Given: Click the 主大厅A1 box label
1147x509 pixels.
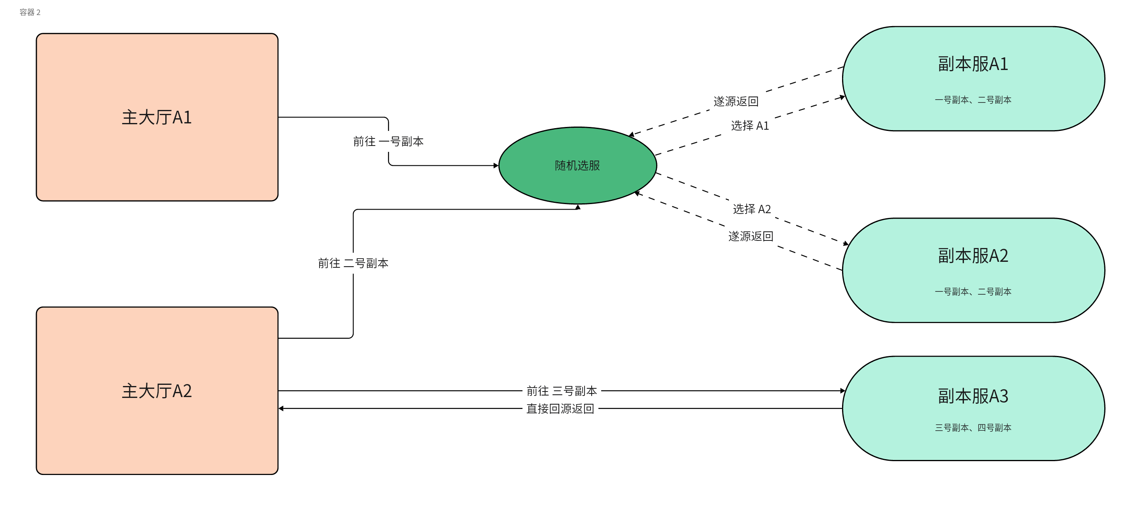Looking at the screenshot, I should coord(157,117).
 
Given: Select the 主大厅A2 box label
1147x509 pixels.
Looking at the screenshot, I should coord(157,391).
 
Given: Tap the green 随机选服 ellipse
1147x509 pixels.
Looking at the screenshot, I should coord(577,166).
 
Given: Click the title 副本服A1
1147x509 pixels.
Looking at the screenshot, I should coord(973,64).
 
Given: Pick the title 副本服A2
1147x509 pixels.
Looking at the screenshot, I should coord(973,255).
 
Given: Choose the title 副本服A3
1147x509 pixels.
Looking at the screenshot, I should coord(973,396).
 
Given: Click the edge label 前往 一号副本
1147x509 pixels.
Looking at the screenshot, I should coord(388,142).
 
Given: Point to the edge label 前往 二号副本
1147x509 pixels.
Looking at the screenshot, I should coord(353,263).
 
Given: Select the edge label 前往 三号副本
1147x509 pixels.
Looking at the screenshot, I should coord(562,391).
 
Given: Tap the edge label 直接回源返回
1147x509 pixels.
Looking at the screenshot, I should coord(560,409).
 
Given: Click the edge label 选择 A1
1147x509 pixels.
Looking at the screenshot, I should coord(750,126).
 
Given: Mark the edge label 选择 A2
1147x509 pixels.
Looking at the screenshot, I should coord(751,209).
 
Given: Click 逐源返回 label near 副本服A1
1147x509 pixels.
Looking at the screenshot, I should coord(736,102).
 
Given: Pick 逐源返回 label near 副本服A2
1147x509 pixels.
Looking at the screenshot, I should coord(751,237).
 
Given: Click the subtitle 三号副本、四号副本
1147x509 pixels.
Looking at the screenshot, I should coord(973,428).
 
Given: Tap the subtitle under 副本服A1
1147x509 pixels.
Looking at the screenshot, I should coord(973,100).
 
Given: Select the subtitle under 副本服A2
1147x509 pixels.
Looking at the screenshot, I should coord(973,292).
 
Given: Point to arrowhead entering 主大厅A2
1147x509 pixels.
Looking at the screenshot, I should coord(281,409).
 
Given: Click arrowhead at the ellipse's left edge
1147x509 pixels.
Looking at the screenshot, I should coord(496,166).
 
